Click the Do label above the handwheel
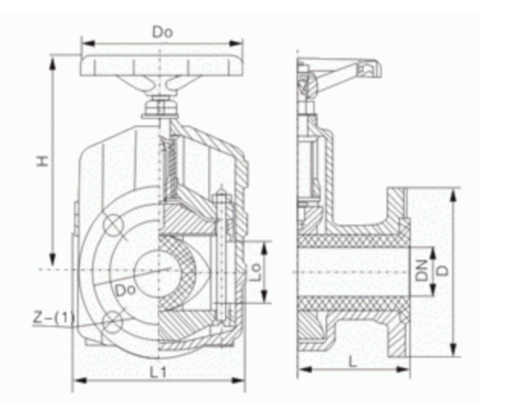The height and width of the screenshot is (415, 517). pyautogui.click(x=162, y=33)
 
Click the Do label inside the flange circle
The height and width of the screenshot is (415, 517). pyautogui.click(x=125, y=290)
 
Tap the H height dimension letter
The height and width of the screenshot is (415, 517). pyautogui.click(x=43, y=161)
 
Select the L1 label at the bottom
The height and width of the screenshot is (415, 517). pyautogui.click(x=159, y=373)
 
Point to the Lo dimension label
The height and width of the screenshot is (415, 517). pyautogui.click(x=255, y=272)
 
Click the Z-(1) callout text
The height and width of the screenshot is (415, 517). pyautogui.click(x=54, y=318)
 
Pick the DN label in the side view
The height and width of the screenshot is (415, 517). pyautogui.click(x=421, y=270)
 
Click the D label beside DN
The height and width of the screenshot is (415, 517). pyautogui.click(x=443, y=271)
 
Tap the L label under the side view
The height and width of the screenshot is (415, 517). pyautogui.click(x=353, y=362)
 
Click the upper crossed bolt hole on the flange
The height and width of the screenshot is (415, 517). pyautogui.click(x=114, y=225)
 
